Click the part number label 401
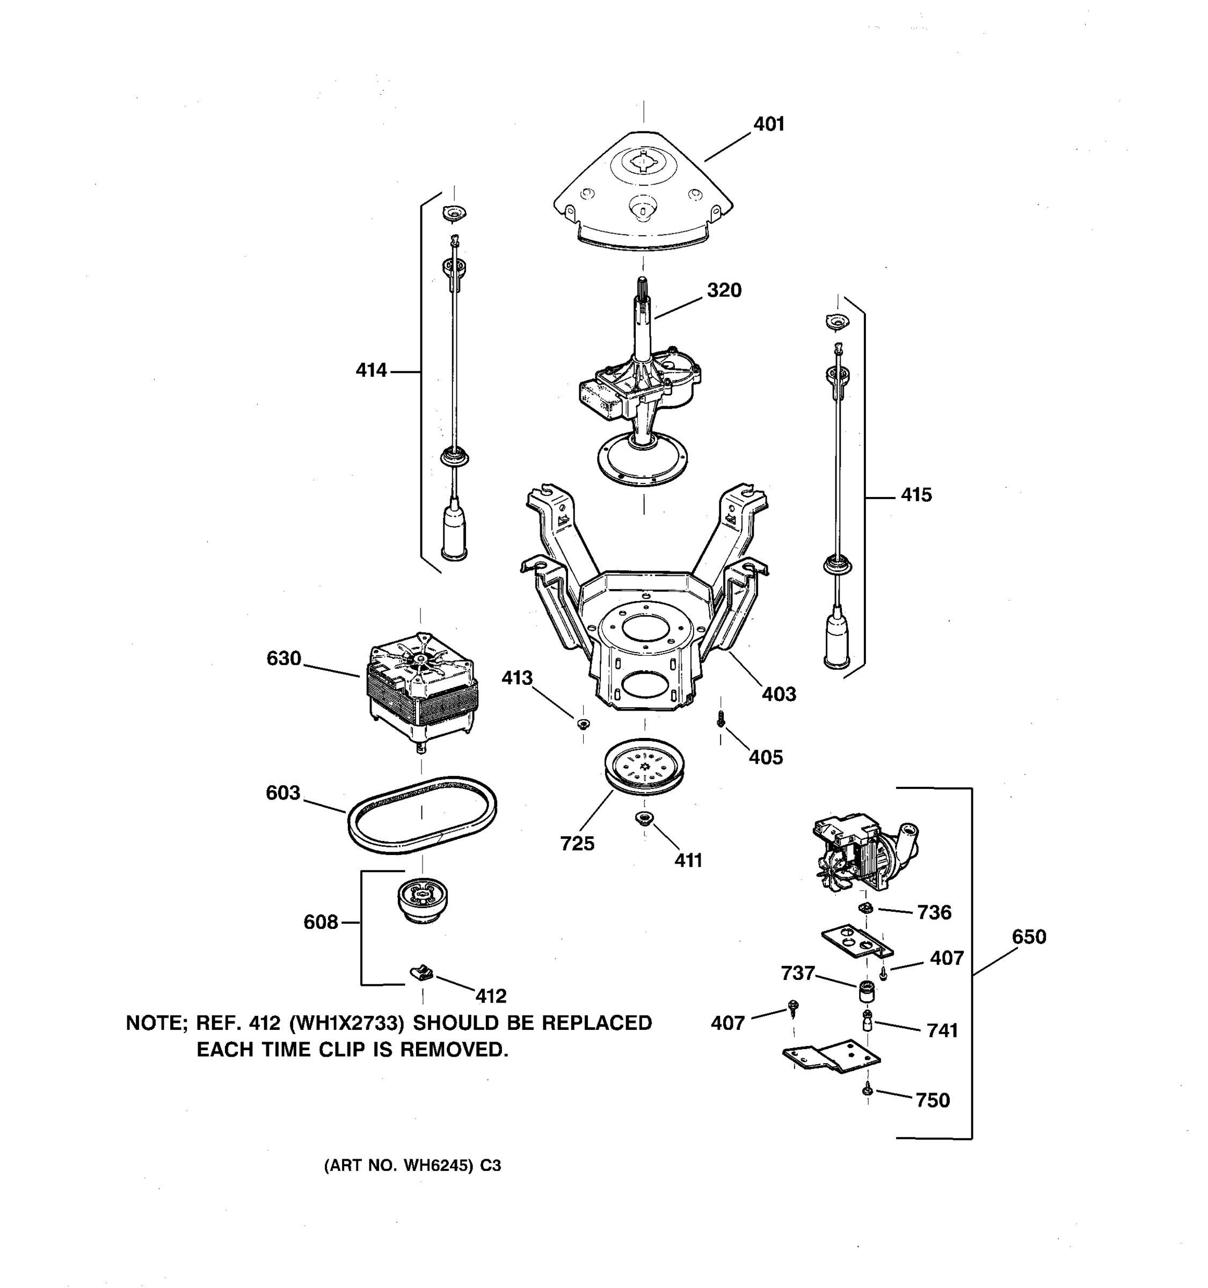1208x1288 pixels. click(x=769, y=124)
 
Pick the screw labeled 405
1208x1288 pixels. click(x=720, y=719)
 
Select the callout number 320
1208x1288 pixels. click(x=723, y=290)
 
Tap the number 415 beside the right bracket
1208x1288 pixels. click(x=916, y=495)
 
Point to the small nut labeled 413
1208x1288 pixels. click(x=583, y=723)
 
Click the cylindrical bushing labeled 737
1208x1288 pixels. click(x=867, y=991)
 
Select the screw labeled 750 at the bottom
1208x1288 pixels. click(x=867, y=1091)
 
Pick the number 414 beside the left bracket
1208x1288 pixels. click(x=372, y=371)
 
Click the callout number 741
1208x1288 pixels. click(x=942, y=1030)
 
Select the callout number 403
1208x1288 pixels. click(x=778, y=694)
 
